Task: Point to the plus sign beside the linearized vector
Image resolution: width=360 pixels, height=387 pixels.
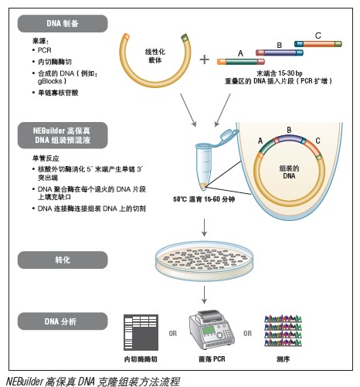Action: click(x=205, y=59)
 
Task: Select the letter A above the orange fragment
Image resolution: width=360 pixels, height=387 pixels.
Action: click(x=241, y=53)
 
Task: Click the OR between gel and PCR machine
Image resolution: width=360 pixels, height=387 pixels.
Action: click(x=173, y=334)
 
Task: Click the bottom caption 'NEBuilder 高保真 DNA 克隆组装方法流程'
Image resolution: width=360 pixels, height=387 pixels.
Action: click(x=92, y=380)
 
